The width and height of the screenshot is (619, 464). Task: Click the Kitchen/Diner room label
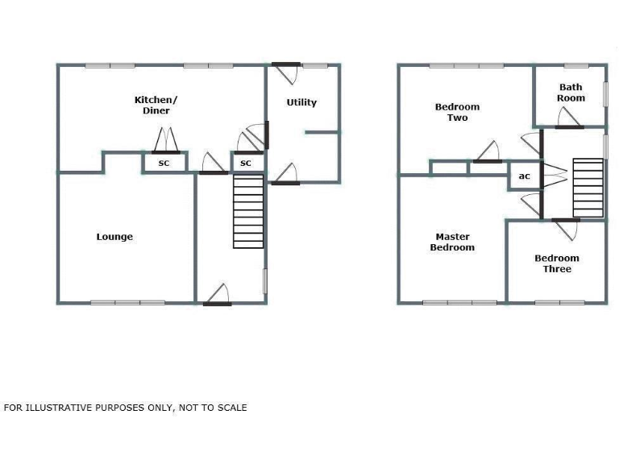pyautogui.click(x=156, y=106)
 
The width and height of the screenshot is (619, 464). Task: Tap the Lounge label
pyautogui.click(x=114, y=237)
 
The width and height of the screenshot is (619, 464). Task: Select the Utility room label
pyautogui.click(x=302, y=102)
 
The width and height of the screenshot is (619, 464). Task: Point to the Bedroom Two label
pyautogui.click(x=457, y=112)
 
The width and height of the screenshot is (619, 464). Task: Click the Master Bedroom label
pyautogui.click(x=452, y=242)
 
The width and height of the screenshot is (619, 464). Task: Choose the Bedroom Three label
pyautogui.click(x=557, y=263)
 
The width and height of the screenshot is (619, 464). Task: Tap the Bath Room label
pyautogui.click(x=571, y=93)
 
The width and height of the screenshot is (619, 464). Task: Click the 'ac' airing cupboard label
pyautogui.click(x=524, y=176)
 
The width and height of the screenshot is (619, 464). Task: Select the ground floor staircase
pyautogui.click(x=248, y=213)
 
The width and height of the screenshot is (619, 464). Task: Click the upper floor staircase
pyautogui.click(x=588, y=187)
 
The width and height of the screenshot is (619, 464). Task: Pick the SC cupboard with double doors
pyautogui.click(x=164, y=164)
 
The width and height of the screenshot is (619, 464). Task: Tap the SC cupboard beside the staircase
pyautogui.click(x=246, y=164)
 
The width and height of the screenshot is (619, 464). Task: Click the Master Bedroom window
pyautogui.click(x=460, y=303)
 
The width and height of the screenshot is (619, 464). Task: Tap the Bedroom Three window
pyautogui.click(x=557, y=303)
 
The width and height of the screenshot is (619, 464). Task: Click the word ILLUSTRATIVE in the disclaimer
pyautogui.click(x=56, y=408)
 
